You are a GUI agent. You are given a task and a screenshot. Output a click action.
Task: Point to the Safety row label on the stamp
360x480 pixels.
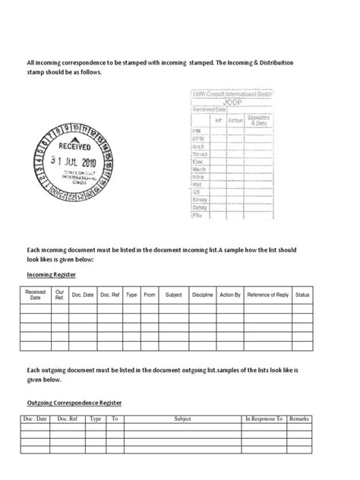pos(200,207)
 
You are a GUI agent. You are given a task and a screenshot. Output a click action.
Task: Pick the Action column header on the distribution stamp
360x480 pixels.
pos(235,120)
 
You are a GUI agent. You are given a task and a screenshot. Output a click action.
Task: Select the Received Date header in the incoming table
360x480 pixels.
pos(36,294)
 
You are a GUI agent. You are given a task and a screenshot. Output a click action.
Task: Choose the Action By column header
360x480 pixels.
pos(229,294)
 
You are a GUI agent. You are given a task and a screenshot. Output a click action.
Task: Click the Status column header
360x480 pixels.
pos(302,294)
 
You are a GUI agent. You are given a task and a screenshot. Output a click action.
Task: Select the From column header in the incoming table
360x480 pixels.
pos(150,294)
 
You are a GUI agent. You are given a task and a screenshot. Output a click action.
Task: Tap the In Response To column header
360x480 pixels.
pos(264,418)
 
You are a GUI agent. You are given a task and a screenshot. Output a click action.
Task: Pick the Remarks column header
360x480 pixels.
pos(298,418)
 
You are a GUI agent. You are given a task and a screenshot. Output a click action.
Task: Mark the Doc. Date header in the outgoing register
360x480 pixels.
pos(36,418)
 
